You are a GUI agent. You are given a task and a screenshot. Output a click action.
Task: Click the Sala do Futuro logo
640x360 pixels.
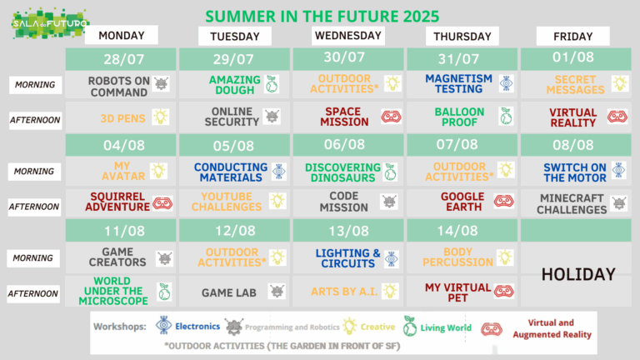[50, 23]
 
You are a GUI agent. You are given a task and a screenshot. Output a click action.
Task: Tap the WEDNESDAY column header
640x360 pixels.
[348, 36]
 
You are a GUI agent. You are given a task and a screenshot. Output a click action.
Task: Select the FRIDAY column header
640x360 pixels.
[572, 37]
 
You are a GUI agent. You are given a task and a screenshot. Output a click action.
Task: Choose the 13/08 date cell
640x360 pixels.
[348, 231]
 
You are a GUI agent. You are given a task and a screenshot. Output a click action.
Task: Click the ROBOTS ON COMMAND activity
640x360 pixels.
[119, 86]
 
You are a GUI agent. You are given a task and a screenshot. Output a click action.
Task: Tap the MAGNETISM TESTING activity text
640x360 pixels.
[459, 83]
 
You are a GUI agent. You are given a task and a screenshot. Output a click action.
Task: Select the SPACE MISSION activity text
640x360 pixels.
[344, 117]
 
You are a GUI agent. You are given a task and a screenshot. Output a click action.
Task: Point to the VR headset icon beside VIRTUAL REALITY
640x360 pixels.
[617, 117]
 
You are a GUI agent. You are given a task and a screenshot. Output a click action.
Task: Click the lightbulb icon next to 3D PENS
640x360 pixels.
[160, 117]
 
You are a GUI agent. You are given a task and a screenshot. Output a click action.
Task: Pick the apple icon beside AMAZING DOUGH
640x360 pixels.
[272, 84]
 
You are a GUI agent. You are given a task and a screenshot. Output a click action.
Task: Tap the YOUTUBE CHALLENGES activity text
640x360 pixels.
[227, 202]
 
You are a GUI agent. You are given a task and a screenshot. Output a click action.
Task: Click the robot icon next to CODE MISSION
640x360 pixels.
[389, 201]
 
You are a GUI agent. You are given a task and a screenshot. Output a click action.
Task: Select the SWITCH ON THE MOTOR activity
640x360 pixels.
[575, 172]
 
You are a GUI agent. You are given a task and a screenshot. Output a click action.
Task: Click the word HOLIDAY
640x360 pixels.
[578, 274]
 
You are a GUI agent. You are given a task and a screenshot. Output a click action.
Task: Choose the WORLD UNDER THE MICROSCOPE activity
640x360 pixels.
[113, 291]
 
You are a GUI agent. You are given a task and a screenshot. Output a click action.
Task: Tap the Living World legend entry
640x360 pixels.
[437, 327]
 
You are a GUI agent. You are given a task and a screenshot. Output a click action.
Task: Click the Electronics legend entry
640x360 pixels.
[187, 326]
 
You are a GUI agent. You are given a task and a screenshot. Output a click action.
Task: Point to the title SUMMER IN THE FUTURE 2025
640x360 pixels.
[322, 17]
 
